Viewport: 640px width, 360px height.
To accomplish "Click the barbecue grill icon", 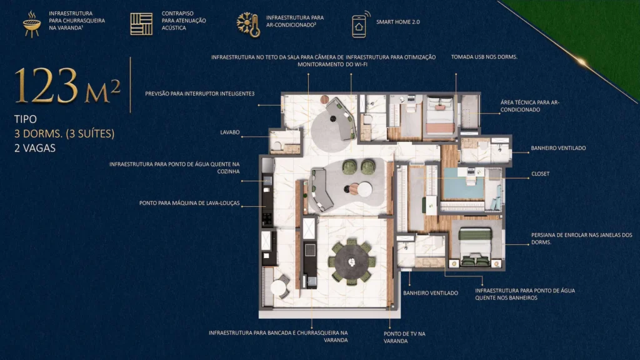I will [31, 24].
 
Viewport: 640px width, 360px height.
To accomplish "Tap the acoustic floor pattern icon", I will [141, 24].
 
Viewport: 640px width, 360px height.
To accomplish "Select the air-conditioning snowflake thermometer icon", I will [248, 24].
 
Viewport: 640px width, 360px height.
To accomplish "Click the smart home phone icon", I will [359, 24].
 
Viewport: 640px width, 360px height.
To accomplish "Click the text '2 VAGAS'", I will [35, 148].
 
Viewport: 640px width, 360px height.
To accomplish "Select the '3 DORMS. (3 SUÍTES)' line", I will [64, 133].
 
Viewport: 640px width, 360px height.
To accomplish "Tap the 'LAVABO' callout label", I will [231, 132].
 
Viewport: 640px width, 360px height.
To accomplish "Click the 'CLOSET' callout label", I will [540, 174].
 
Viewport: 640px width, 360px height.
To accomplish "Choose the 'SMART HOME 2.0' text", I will [399, 21].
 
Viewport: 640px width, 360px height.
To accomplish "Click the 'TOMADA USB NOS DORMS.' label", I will [484, 57].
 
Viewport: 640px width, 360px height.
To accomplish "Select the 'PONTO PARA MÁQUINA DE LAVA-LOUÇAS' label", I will [189, 203].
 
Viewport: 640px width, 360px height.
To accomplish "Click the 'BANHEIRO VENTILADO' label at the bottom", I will [431, 292].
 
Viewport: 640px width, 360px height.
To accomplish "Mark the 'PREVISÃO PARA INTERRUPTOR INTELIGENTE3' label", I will [199, 94].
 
